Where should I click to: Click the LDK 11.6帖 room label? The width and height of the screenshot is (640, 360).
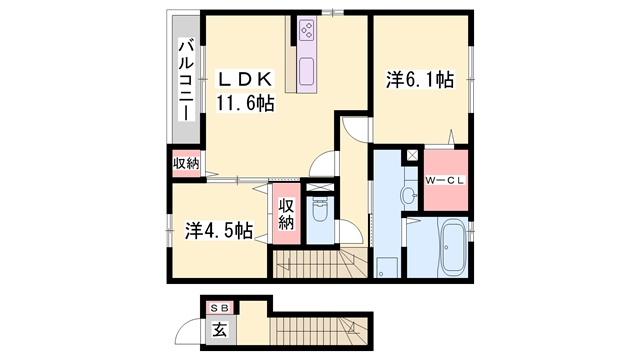pos(244,91)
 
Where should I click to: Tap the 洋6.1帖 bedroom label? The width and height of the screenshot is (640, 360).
pos(420,79)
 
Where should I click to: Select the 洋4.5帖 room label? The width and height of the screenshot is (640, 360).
pos(219,231)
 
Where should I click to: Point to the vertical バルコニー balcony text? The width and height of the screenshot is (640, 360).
pos(187,80)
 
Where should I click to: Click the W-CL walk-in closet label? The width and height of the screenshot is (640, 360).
pos(445,181)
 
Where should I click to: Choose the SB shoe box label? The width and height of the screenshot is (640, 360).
pos(220,309)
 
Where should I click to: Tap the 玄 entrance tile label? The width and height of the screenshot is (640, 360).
pos(220,329)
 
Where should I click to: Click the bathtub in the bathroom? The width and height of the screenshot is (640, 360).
pos(453,247)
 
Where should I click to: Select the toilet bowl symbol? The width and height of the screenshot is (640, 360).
pos(320,210)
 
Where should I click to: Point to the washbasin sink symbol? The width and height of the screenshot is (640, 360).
pos(409,195)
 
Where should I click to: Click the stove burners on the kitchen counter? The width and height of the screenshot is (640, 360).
pos(306,30)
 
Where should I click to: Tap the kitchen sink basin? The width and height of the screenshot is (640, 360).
pos(307,71)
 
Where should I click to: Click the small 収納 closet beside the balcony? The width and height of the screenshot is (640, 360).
pos(186,164)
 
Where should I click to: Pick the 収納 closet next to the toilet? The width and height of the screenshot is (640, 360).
pos(287,214)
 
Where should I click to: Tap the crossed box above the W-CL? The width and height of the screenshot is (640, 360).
pos(412,155)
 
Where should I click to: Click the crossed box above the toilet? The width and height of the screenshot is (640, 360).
pos(320,188)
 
